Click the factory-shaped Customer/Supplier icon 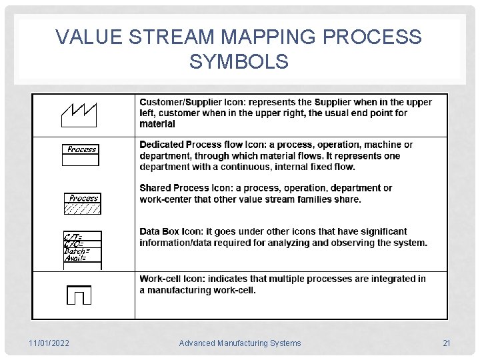point(79,114)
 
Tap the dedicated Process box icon point(81,153)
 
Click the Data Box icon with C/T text point(82,249)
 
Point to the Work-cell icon point(79,294)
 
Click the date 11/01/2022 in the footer point(49,343)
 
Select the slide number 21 point(447,343)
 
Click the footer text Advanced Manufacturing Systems point(240,343)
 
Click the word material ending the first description point(157,123)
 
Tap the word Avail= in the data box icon point(75,258)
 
